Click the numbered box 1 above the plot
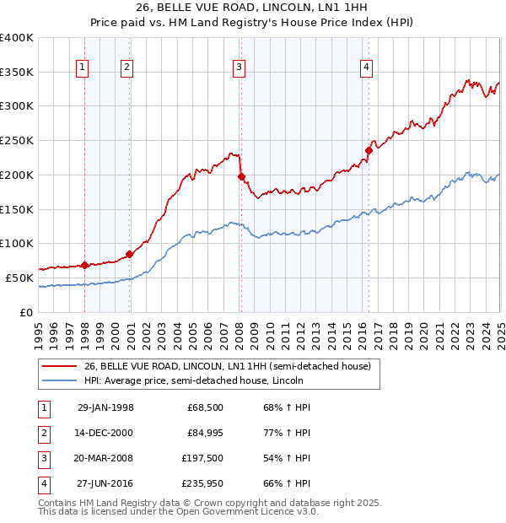83,69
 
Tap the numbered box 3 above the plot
240,69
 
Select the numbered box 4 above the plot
368,69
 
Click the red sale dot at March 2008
241,177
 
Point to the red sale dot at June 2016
369,151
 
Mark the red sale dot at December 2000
129,254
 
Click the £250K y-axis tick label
17,141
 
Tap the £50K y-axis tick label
20,278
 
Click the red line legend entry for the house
227,366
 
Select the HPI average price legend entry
193,381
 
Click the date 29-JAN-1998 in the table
105,408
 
